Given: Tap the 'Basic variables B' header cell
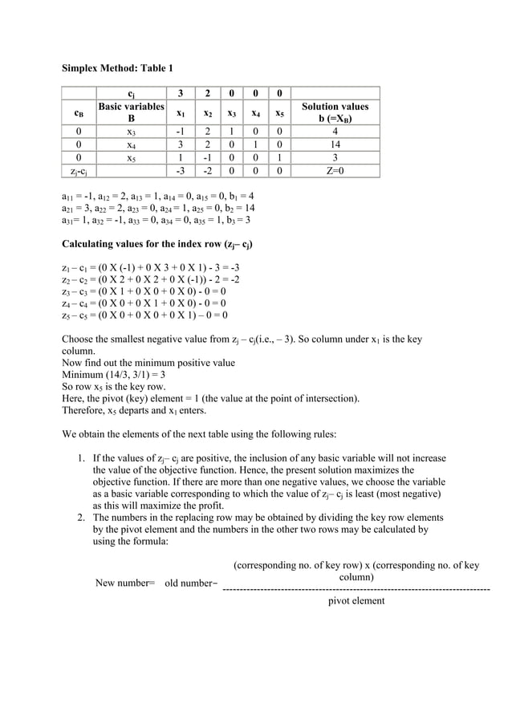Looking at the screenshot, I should click(131, 112).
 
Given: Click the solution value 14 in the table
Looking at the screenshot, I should click(335, 145).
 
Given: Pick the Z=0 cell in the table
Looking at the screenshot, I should click(335, 171).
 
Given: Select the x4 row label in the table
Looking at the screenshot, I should click(131, 145).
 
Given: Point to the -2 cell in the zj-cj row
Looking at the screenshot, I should click(207, 171).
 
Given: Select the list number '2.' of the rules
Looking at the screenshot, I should click(82, 518).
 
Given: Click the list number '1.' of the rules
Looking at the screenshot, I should click(82, 458).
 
